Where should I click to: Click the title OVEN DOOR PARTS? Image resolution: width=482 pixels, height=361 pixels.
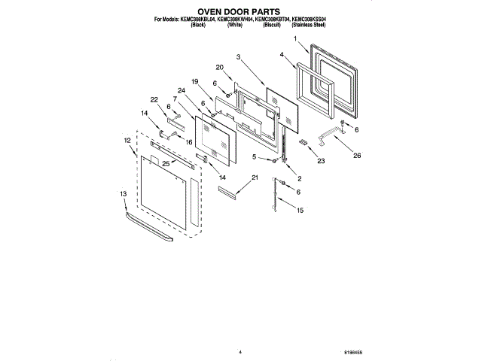[x=240, y=12]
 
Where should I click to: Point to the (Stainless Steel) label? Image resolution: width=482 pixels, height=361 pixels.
[x=309, y=26]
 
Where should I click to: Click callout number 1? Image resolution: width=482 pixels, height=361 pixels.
[x=296, y=39]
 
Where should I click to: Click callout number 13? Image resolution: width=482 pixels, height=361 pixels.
[x=124, y=193]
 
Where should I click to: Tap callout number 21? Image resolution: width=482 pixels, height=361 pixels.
[x=255, y=177]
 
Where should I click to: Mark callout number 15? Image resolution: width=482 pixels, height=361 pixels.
[x=300, y=211]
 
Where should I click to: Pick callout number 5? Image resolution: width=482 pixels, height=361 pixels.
[x=255, y=156]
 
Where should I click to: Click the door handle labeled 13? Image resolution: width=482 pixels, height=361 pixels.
[x=149, y=227]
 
